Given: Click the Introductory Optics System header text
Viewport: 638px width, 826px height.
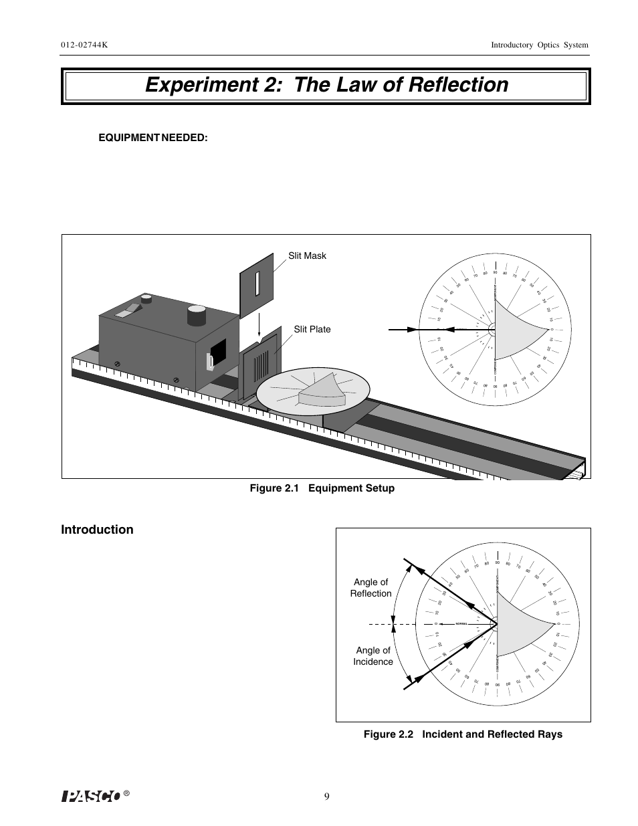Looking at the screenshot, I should click(539, 45).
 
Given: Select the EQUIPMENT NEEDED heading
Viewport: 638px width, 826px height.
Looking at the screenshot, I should click(153, 137).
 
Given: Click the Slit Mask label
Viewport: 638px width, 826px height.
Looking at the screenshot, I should click(307, 255).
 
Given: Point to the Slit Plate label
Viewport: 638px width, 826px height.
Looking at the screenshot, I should click(312, 329).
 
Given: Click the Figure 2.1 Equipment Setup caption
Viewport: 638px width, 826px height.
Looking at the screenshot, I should click(322, 488).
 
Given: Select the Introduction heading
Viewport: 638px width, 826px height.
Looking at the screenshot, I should click(97, 530).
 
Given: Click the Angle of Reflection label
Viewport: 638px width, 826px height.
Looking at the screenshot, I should click(370, 588).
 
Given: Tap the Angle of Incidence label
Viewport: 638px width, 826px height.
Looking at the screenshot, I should click(373, 656).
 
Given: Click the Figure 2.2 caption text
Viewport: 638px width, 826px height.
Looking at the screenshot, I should click(463, 734).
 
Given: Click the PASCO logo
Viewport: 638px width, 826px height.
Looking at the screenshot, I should click(91, 795).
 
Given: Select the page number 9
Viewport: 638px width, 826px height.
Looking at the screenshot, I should click(326, 796).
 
